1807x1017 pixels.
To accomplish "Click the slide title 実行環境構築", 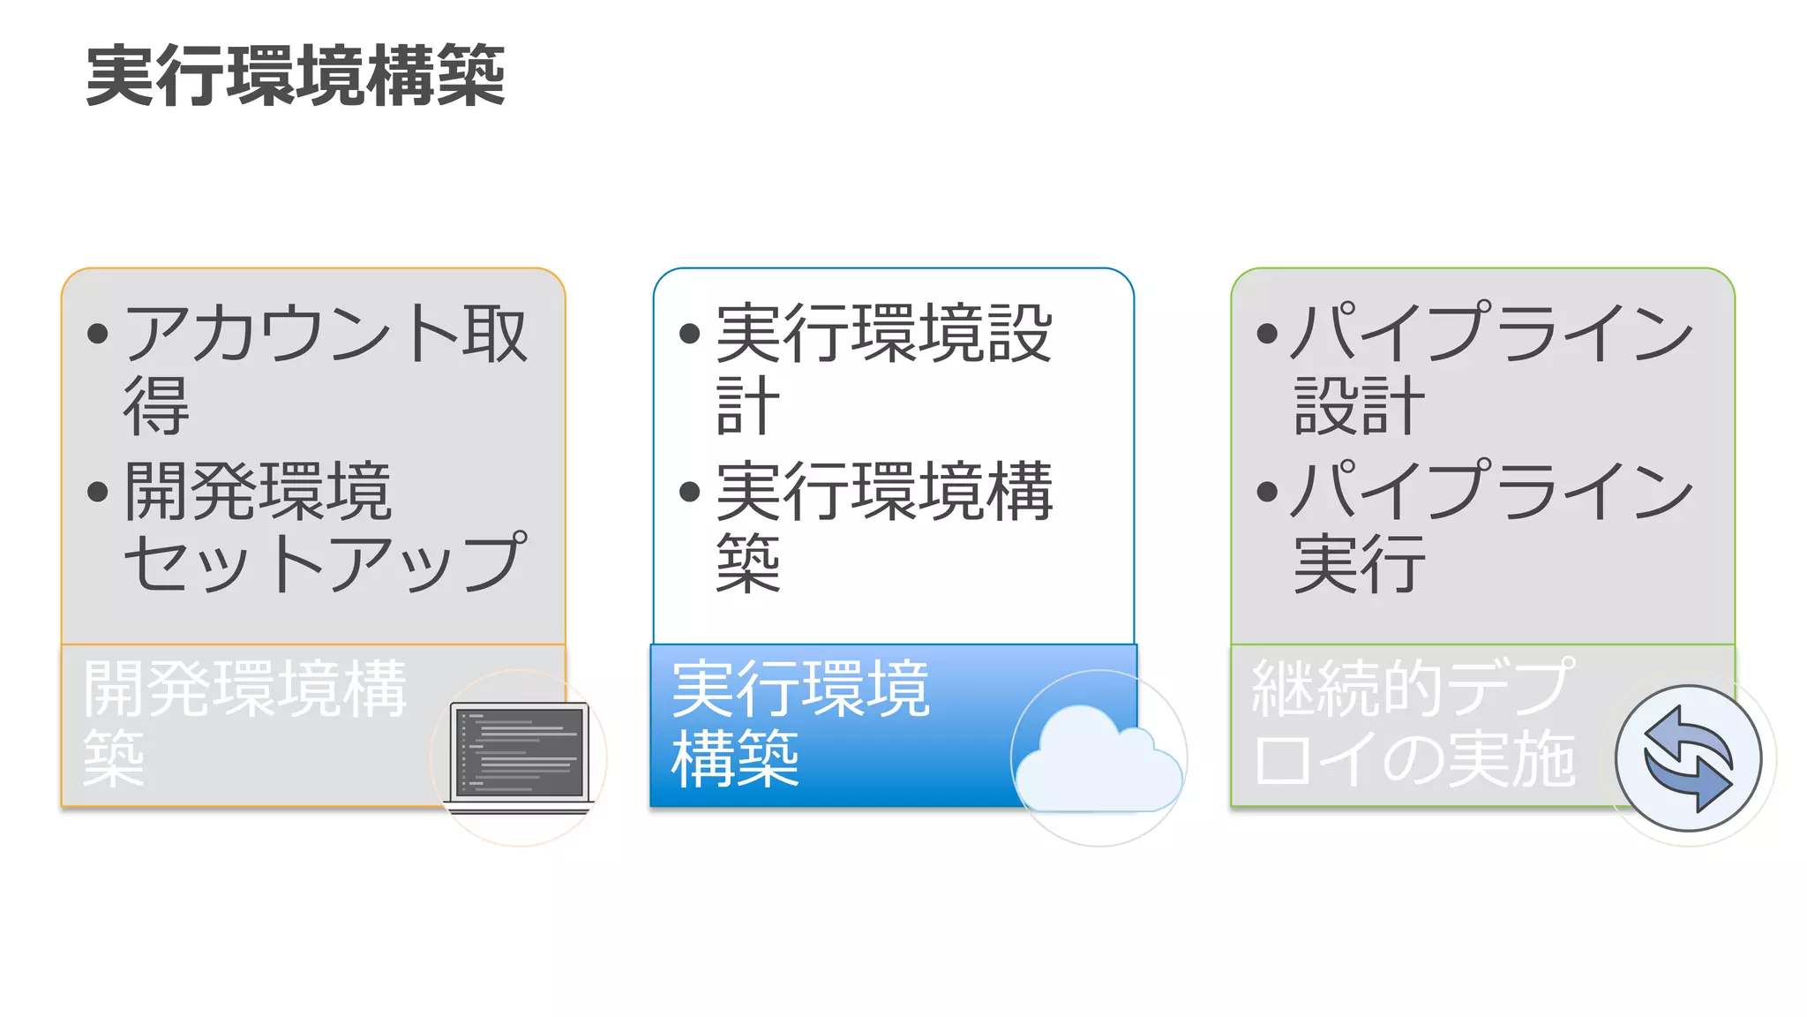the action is click(296, 76).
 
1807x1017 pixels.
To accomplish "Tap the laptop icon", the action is click(519, 757).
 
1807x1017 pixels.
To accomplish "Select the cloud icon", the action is click(1098, 759).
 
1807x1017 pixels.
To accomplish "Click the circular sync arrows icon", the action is click(1688, 758).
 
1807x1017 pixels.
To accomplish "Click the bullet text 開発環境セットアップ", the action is click(325, 526).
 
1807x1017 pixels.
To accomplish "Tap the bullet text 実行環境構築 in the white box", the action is click(883, 526).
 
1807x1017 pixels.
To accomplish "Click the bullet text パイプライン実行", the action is click(1491, 526).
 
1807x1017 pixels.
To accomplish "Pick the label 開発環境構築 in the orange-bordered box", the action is click(244, 722).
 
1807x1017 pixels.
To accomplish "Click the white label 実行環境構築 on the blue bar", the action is click(800, 722).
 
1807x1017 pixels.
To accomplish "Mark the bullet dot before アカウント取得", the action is click(98, 334).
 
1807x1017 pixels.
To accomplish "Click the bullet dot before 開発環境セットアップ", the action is click(98, 492).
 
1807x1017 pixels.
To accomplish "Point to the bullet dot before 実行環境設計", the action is click(690, 334).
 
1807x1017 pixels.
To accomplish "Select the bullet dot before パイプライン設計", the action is click(1267, 334).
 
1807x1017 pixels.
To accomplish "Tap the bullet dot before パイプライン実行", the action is click(1267, 492).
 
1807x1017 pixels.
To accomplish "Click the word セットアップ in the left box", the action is click(325, 563).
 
